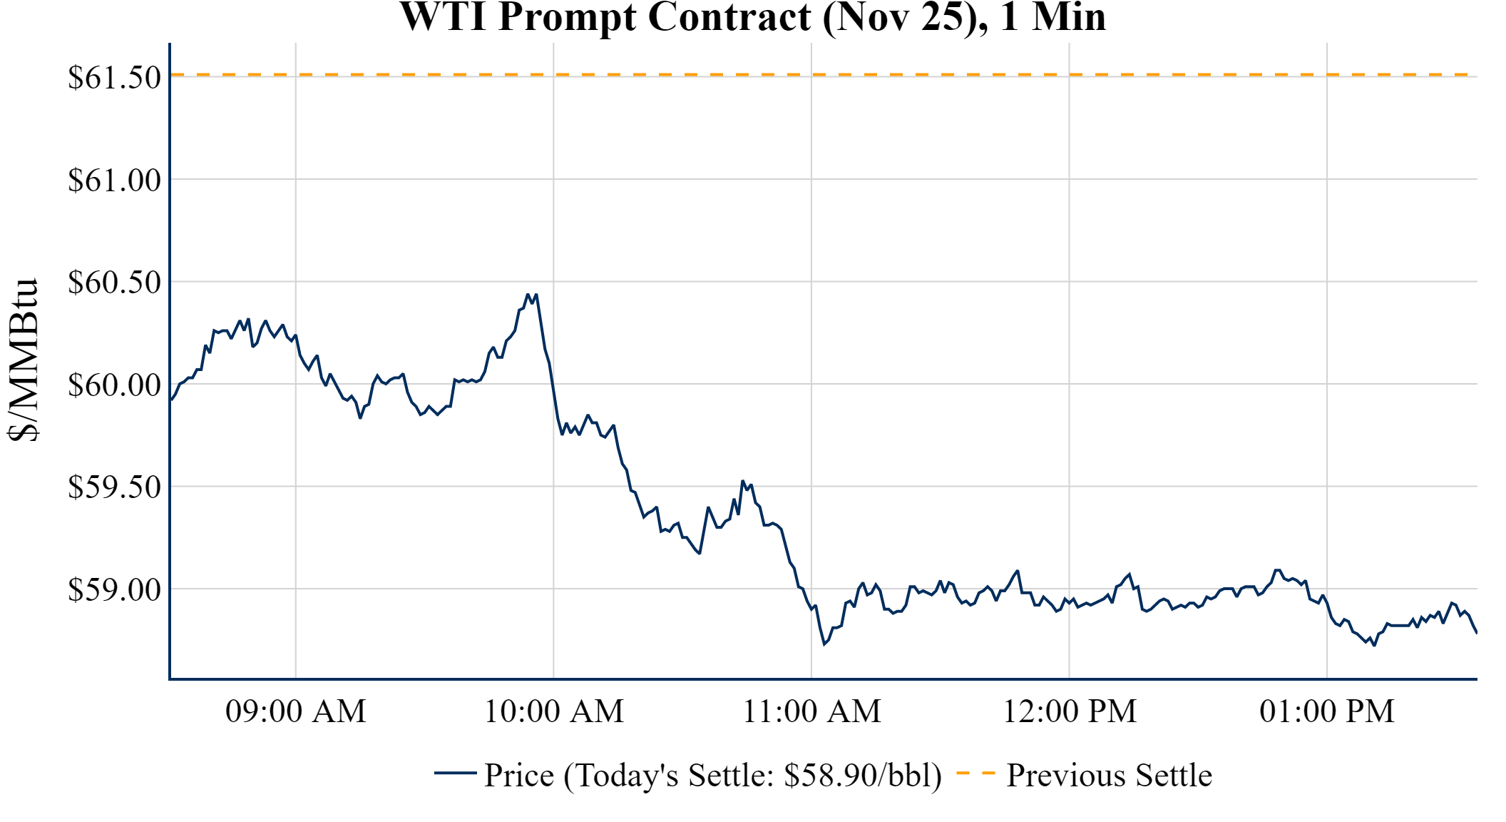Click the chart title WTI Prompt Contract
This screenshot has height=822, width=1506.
752,17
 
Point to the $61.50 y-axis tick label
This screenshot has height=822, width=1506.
114,77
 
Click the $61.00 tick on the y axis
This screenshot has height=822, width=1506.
114,180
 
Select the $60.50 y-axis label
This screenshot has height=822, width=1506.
114,282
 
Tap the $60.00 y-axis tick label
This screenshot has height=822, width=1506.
114,385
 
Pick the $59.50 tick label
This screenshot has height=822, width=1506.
114,487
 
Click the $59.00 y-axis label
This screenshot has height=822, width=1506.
114,589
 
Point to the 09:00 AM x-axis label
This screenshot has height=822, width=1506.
295,711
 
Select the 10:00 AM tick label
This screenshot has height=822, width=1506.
553,711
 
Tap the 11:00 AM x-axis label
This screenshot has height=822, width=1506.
811,711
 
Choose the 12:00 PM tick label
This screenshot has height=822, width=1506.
1069,711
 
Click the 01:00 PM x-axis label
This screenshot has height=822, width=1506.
1326,711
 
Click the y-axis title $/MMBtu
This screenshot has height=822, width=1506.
23,360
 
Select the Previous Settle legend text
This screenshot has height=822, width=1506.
1109,776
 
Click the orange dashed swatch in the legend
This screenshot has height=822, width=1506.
975,773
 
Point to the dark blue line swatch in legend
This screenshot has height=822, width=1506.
455,773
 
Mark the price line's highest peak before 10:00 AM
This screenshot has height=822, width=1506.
528,294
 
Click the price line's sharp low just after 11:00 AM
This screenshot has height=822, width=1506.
824,644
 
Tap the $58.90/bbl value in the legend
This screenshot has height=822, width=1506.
861,776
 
